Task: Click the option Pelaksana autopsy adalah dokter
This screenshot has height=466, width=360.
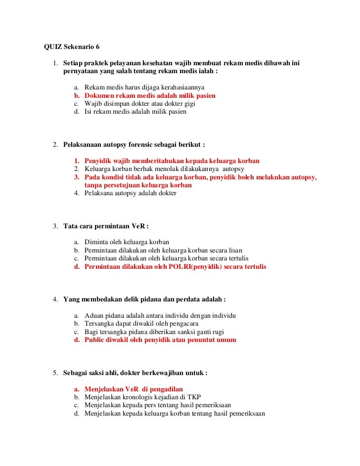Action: click(130, 194)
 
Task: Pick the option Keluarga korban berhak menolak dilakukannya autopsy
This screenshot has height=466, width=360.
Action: click(161, 169)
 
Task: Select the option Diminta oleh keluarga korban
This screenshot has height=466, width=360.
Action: click(127, 242)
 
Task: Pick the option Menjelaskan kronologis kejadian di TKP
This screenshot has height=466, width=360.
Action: click(142, 397)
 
